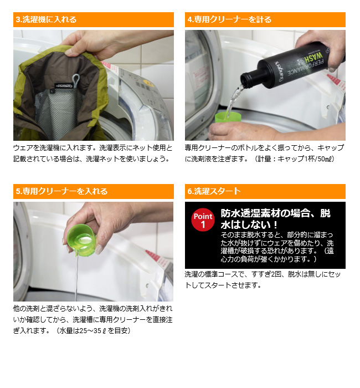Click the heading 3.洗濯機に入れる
47,19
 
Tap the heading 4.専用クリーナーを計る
229,19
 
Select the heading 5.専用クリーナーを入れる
61,191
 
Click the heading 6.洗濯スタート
214,191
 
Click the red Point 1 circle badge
203,220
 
